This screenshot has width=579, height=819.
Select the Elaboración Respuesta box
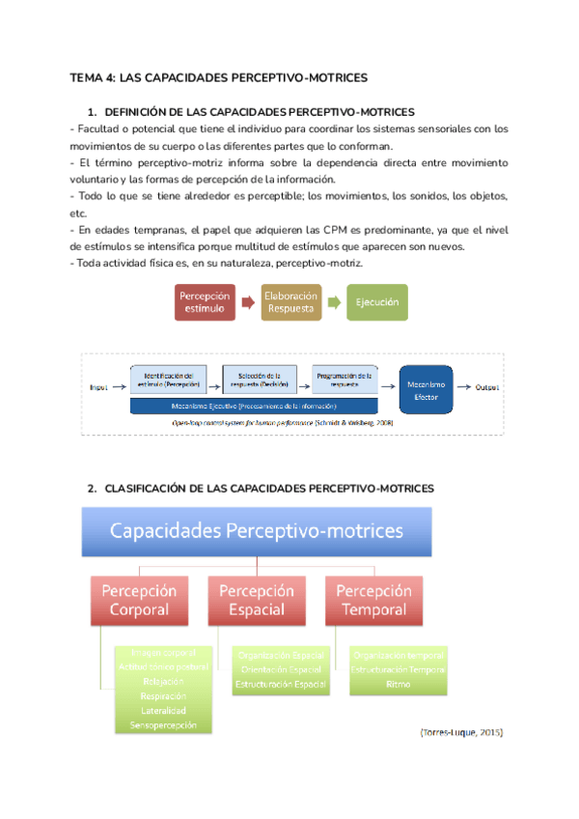coord(290,302)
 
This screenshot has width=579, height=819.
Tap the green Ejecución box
coord(377,302)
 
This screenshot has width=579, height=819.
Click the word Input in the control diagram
coord(98,387)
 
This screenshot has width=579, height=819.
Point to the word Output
coord(486,387)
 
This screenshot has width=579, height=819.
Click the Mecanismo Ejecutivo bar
coord(262,406)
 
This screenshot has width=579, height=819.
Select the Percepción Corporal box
coord(139,599)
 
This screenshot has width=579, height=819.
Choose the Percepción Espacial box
coord(256,599)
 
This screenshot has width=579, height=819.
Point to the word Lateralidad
coord(162,710)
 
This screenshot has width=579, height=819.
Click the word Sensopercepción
coord(162,724)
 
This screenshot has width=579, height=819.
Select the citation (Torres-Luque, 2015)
coord(461,733)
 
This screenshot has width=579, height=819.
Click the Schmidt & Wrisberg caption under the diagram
coord(282,423)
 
